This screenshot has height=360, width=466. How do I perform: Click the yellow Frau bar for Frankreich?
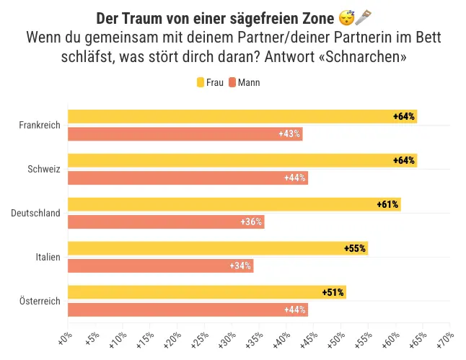(242, 116)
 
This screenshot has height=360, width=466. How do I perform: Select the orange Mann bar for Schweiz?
(188, 178)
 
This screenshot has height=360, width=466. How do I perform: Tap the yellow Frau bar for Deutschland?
(234, 204)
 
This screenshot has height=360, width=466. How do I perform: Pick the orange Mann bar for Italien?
(160, 266)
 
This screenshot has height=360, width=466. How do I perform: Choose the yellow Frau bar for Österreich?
(206, 292)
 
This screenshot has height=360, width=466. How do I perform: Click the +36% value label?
(251, 222)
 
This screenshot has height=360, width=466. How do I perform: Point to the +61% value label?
(387, 205)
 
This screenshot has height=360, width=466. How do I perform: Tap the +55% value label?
(355, 249)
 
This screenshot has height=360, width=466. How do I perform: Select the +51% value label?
(333, 292)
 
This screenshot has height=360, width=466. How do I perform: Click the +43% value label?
(289, 134)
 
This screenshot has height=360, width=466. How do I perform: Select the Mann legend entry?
(244, 83)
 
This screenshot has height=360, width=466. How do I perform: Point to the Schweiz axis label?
(43, 170)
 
